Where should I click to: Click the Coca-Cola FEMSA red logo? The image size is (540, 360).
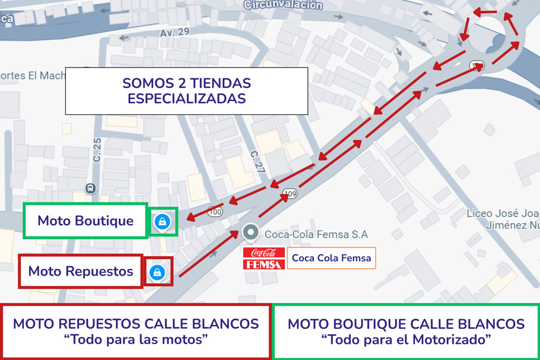(264, 258)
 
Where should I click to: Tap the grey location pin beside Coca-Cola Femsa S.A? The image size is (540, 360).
(251, 232)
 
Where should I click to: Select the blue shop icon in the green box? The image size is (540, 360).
(162, 222)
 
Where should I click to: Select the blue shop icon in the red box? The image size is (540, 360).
(157, 272)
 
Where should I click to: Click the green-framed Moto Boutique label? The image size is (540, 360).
(85, 220)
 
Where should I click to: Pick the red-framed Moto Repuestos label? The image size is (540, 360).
(81, 271)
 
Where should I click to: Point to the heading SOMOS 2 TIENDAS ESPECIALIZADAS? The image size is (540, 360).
(187, 91)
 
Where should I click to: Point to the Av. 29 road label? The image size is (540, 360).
(174, 33)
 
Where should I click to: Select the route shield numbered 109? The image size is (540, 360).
(290, 194)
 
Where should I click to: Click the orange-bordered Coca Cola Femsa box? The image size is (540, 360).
(331, 258)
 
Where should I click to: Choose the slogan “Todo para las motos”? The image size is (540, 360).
(136, 339)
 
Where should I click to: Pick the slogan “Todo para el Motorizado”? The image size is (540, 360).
(406, 339)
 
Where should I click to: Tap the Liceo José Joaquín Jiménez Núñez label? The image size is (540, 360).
(504, 219)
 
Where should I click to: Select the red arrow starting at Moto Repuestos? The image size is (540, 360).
(208, 253)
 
